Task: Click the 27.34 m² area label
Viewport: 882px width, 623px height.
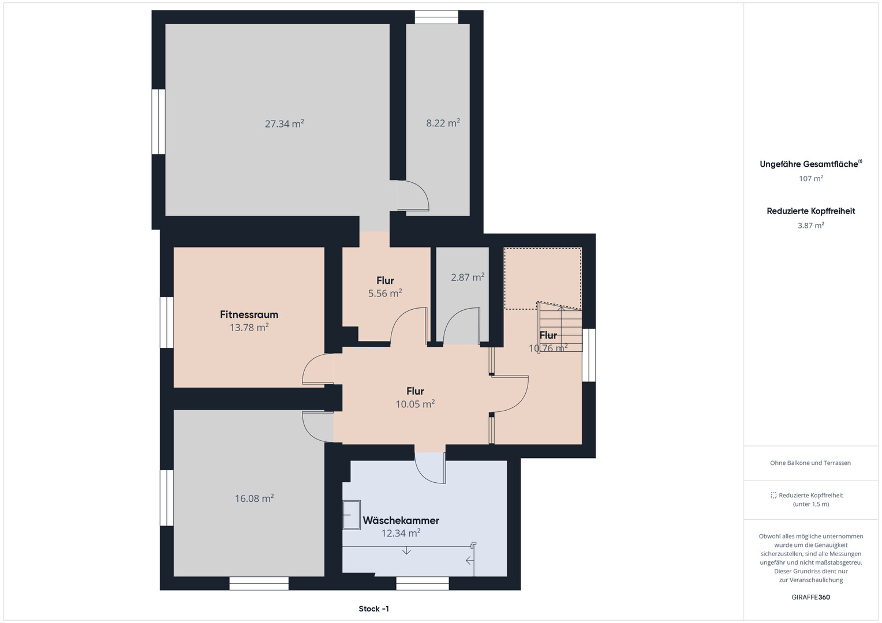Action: tap(285, 123)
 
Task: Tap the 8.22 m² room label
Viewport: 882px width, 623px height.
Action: tap(443, 123)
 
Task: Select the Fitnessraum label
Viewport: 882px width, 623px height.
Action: tap(249, 314)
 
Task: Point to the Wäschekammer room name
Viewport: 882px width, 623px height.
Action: tap(401, 520)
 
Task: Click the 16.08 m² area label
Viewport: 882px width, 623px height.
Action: tap(255, 498)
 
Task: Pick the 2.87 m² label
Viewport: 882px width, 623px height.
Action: tap(468, 277)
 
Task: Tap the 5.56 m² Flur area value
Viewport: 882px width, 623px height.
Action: tap(385, 293)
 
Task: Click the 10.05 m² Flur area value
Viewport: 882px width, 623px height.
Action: tap(415, 404)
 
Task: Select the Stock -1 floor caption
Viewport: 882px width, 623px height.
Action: tap(373, 609)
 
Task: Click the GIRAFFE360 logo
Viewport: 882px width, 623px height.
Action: tap(811, 597)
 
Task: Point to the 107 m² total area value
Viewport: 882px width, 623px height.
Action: tap(811, 178)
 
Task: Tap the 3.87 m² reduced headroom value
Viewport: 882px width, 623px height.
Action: tap(811, 225)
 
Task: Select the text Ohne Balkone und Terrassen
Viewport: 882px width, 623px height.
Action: tap(810, 463)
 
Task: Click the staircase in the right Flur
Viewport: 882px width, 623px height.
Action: tap(560, 326)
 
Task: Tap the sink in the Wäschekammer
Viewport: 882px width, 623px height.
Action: tap(351, 515)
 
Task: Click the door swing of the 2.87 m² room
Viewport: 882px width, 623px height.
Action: tap(461, 326)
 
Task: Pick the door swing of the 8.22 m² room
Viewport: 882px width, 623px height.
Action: tap(413, 196)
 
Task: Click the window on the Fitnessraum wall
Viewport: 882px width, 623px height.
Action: tap(167, 322)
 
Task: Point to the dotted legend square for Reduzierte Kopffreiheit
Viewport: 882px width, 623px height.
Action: tap(773, 496)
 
